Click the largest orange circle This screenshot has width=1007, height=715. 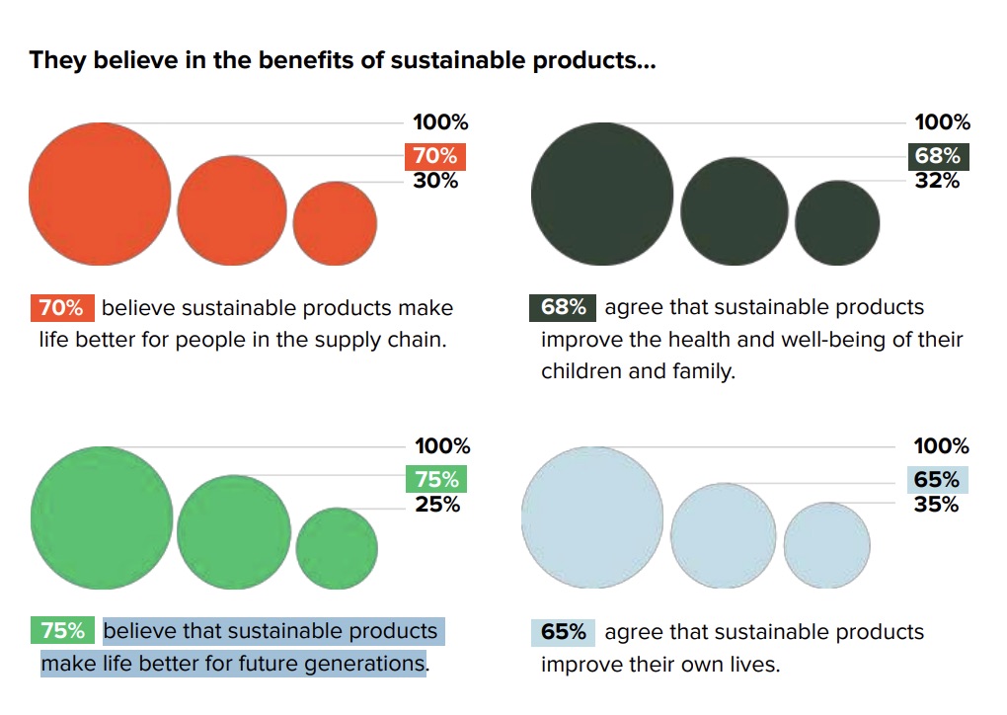pyautogui.click(x=100, y=194)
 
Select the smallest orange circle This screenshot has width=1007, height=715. pyautogui.click(x=335, y=223)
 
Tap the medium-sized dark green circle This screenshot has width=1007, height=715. pyautogui.click(x=734, y=210)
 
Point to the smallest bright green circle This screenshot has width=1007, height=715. pyautogui.click(x=337, y=548)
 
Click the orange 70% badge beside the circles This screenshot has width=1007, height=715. pyautogui.click(x=434, y=156)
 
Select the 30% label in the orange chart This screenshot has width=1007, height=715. pyautogui.click(x=435, y=181)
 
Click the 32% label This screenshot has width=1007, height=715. pyautogui.click(x=937, y=181)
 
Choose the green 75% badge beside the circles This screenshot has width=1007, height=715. pyautogui.click(x=436, y=479)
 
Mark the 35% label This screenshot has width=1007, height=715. pyautogui.click(x=937, y=505)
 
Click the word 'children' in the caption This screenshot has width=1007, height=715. pyautogui.click(x=581, y=372)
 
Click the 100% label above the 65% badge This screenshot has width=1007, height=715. pyautogui.click(x=942, y=446)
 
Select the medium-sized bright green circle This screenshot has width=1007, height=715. pyautogui.click(x=234, y=533)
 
